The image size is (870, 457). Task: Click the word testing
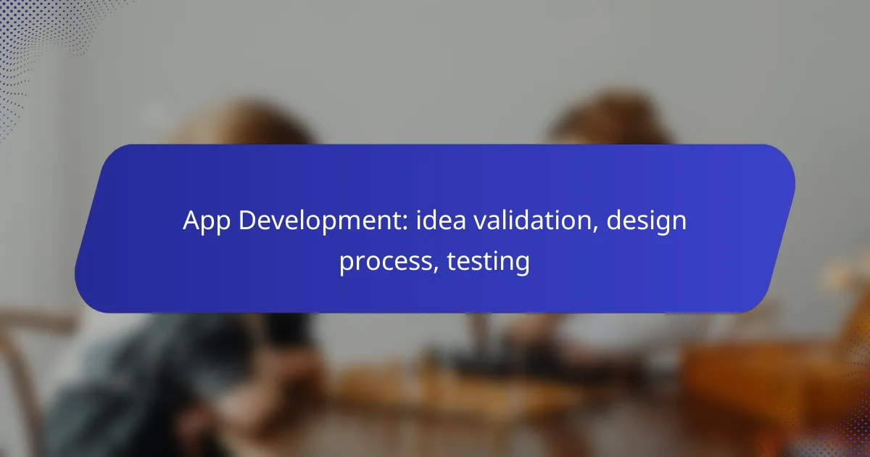click(x=488, y=261)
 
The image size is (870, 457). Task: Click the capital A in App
click(x=191, y=221)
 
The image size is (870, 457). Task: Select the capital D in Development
click(x=246, y=221)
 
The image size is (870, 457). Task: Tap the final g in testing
click(x=522, y=264)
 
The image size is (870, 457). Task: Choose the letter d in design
click(x=615, y=221)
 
